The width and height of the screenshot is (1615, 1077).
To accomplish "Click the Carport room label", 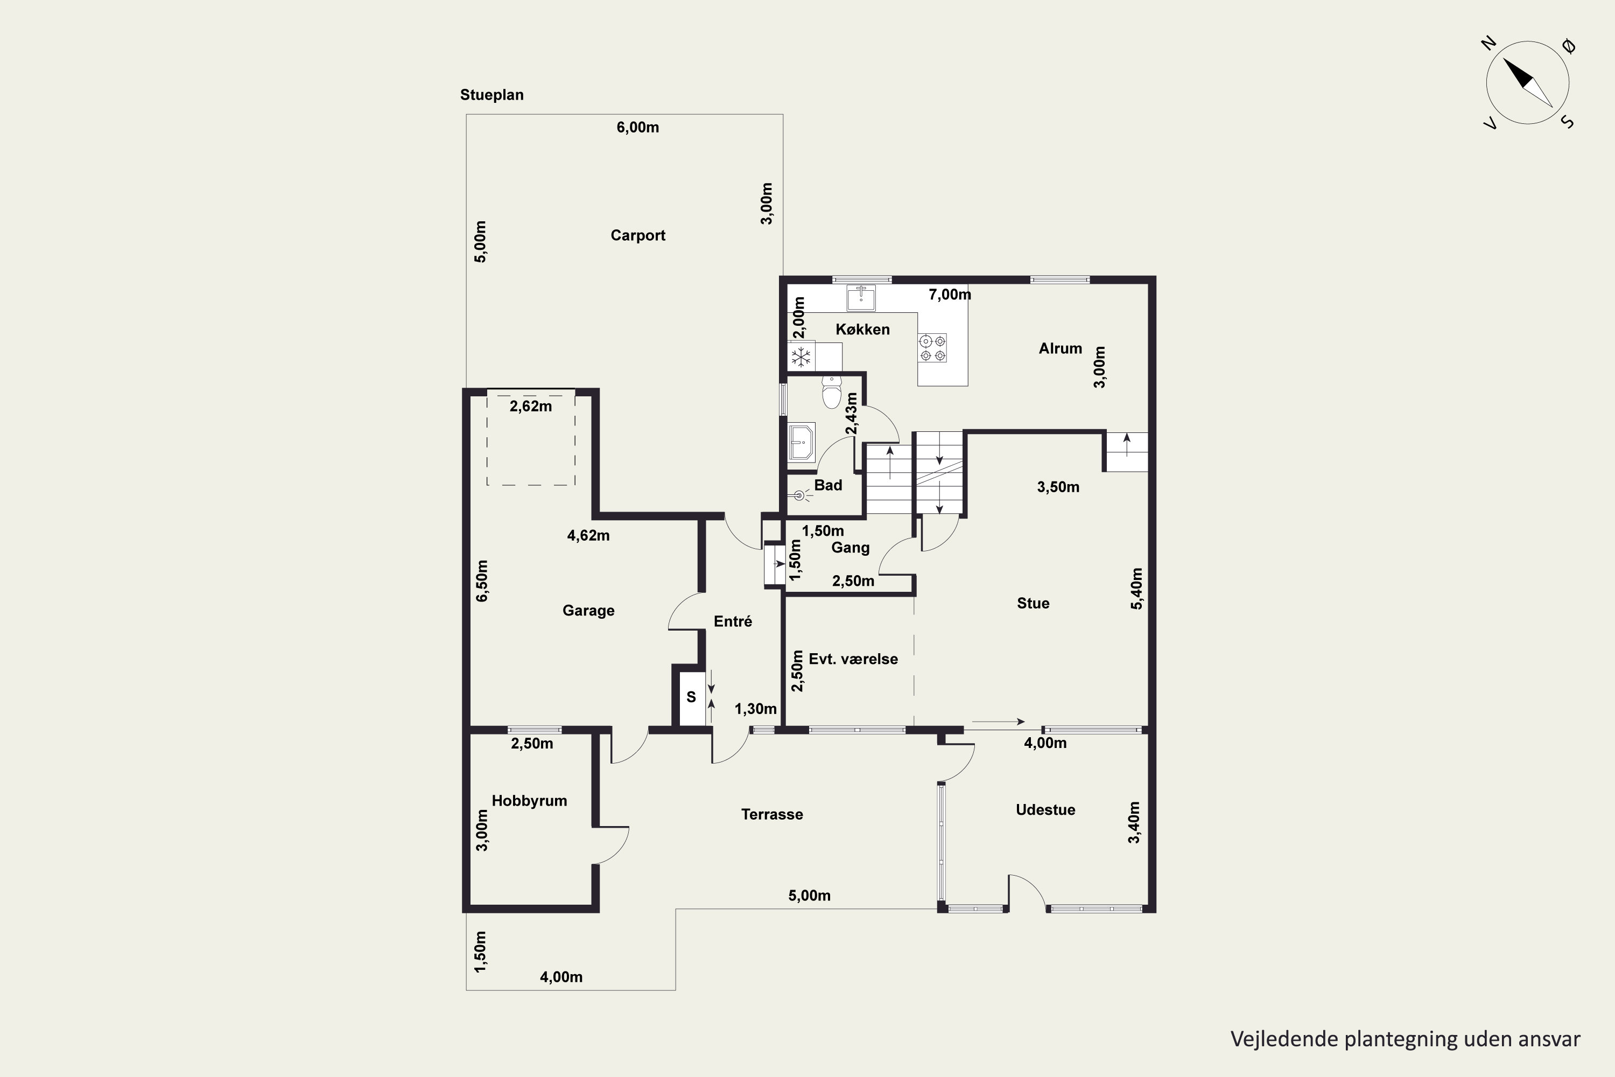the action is point(638,236).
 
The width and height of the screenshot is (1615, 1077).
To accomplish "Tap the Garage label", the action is point(588,611).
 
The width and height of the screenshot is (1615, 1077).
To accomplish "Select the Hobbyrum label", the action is point(529,801).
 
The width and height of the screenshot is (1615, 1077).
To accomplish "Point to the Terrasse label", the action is point(772,815).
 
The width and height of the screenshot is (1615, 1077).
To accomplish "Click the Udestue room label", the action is point(1045,810).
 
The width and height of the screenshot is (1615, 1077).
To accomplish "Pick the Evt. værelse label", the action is point(853,659).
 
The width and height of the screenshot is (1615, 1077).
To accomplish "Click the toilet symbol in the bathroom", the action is point(832,392).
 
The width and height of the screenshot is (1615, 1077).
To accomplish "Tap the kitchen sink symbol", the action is point(861,298).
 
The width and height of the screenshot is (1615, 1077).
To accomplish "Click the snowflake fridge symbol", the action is point(801,356).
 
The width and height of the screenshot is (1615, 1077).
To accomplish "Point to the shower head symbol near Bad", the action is point(798,494).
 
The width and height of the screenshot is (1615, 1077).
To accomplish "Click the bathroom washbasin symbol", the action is point(802,442).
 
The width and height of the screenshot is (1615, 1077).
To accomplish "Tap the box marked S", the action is point(691,697).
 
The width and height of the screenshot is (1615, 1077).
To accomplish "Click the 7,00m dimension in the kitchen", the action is point(950,295).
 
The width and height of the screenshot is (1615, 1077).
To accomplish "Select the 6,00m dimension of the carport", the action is point(638,127).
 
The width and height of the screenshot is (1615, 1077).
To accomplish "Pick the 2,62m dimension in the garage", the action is point(531,407).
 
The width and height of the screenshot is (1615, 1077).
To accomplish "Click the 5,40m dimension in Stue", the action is point(1136,589).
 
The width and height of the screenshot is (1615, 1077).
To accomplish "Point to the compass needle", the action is point(1528,83).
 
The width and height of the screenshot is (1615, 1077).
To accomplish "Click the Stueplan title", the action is point(491,95).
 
